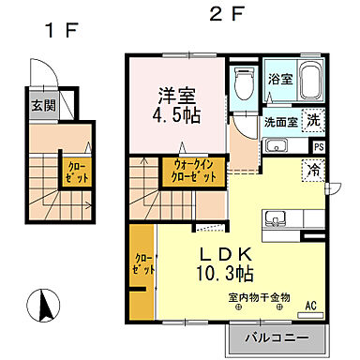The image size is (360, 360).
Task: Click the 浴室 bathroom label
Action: click(279, 79)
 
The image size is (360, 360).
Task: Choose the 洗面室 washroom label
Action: click(281, 122)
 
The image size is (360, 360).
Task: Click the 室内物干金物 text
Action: click(259, 297)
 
